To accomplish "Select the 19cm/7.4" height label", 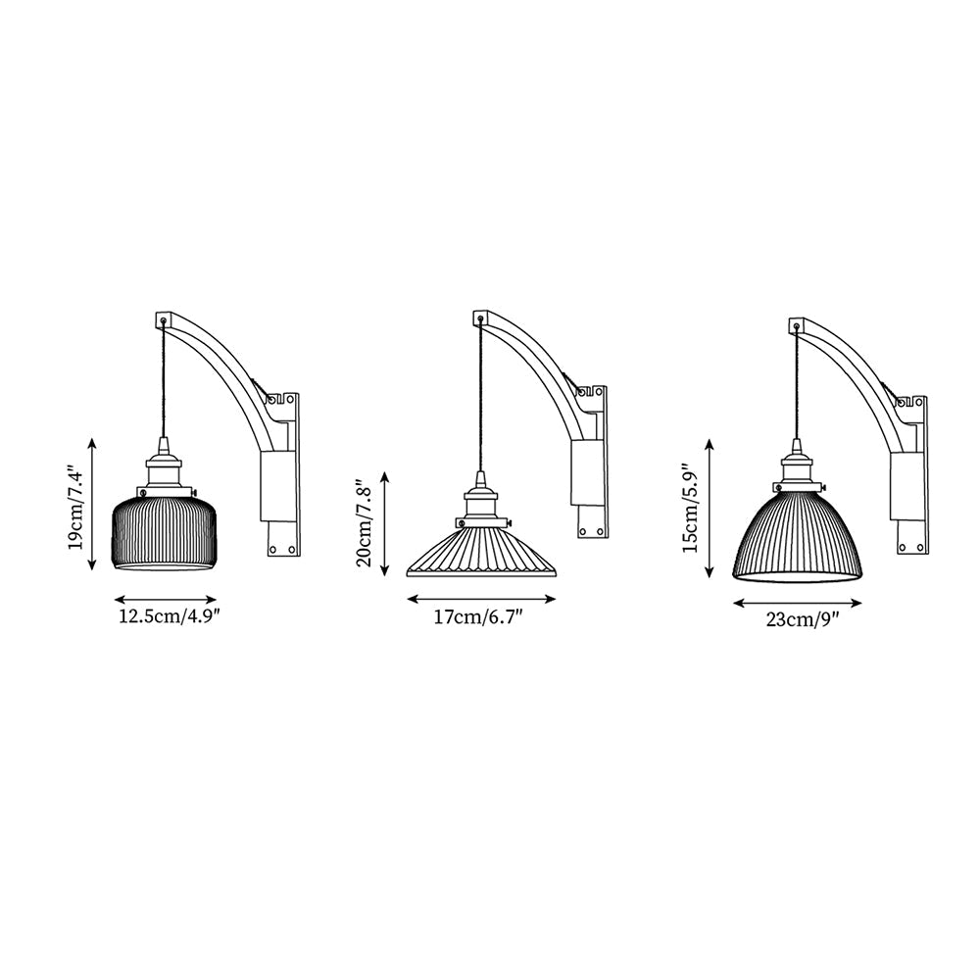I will tap(76, 506).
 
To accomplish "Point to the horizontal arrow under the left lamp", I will tap(165, 599).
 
